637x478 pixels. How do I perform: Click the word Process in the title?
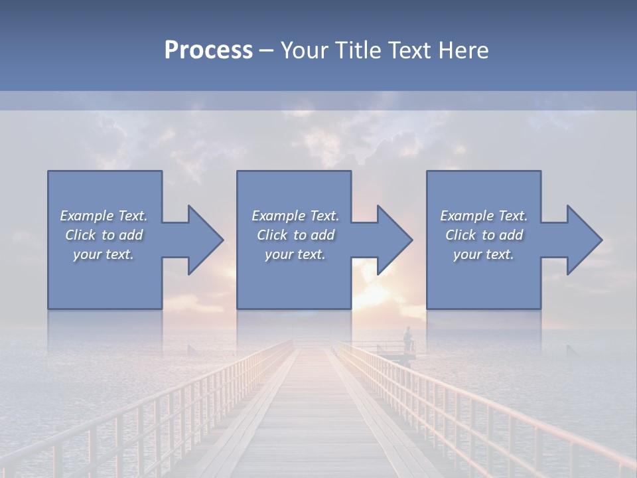pyautogui.click(x=208, y=50)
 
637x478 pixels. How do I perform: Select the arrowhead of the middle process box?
pyautogui.click(x=393, y=240)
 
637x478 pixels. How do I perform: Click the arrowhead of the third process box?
pyautogui.click(x=583, y=240)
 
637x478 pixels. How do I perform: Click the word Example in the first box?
pyautogui.click(x=87, y=216)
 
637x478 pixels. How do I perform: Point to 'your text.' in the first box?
pyautogui.click(x=104, y=254)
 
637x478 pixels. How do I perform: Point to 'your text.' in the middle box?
pyautogui.click(x=295, y=254)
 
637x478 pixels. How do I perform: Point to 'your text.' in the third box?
pyautogui.click(x=484, y=254)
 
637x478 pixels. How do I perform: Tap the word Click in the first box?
pyautogui.click(x=80, y=235)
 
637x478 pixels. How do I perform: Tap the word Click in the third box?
pyautogui.click(x=460, y=235)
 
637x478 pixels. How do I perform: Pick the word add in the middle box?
pyautogui.click(x=322, y=235)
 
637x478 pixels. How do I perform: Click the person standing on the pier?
pyautogui.click(x=408, y=337)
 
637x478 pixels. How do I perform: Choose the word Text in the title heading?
pyautogui.click(x=405, y=50)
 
